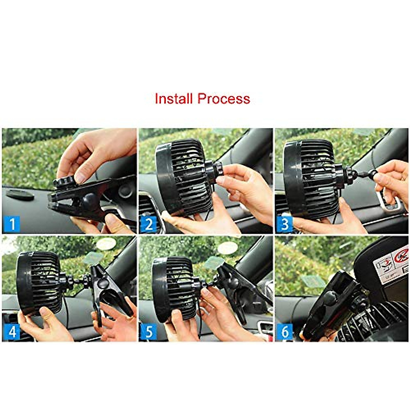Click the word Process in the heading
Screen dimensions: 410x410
point(224,99)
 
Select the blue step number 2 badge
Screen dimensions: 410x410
point(149,224)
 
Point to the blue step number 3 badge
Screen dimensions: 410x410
point(285,224)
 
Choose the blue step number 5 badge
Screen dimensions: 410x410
point(149,332)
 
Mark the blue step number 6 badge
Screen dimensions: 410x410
point(285,332)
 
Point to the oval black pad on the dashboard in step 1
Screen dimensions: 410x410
point(20,195)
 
